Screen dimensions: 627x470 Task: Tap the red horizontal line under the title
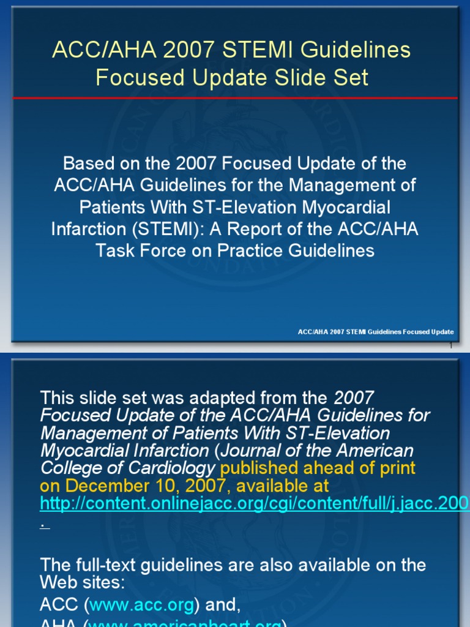coord(234,98)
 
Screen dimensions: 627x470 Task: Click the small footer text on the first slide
coord(375,332)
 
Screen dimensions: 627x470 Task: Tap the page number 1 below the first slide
coord(451,346)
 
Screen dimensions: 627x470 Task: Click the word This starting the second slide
coord(58,397)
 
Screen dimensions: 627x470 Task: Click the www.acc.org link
coord(142,604)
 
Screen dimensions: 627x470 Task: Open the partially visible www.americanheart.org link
coord(184,623)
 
